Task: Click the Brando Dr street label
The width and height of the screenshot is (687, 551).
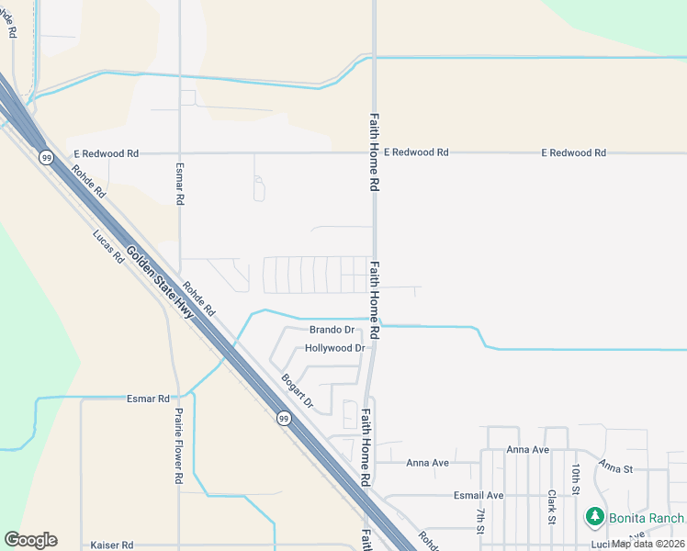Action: click(332, 330)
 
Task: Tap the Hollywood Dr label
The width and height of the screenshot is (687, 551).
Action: click(334, 349)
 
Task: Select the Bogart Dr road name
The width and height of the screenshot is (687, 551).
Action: click(298, 390)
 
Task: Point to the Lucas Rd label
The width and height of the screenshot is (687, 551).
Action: click(107, 246)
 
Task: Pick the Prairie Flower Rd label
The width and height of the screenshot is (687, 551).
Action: click(179, 446)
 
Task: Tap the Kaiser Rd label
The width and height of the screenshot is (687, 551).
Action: click(112, 545)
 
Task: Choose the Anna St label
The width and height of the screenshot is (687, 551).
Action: click(616, 468)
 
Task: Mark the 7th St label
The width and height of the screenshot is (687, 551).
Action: click(480, 520)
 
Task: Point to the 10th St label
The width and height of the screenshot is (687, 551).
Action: click(576, 479)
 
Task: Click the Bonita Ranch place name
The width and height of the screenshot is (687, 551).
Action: click(646, 519)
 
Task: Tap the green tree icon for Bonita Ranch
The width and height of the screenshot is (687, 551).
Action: click(595, 518)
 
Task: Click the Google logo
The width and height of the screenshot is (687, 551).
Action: click(30, 540)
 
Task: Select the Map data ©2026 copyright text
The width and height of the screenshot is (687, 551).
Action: click(648, 544)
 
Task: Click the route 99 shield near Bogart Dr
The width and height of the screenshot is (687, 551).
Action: click(285, 419)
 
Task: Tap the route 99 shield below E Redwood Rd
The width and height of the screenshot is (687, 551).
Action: click(46, 158)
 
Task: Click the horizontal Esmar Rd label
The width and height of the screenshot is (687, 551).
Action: click(148, 399)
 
